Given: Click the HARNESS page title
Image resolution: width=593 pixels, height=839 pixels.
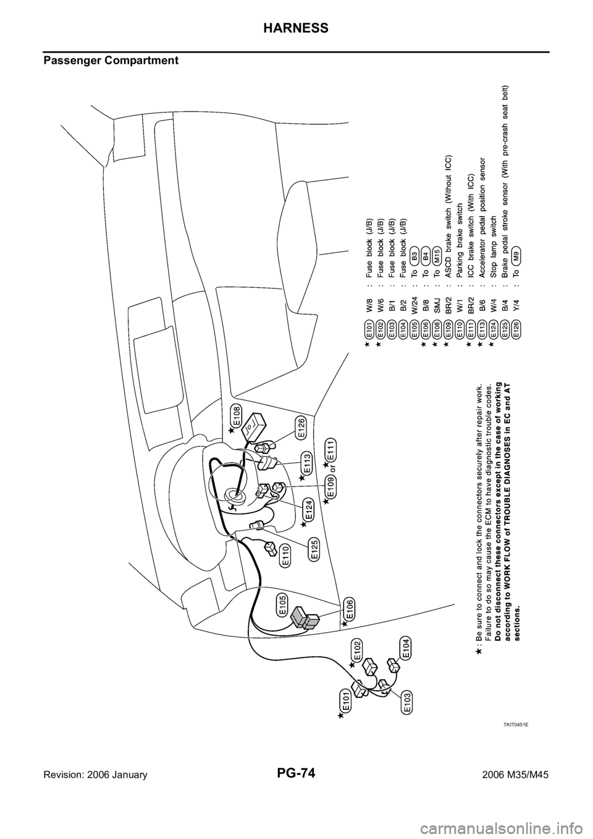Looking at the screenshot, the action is pyautogui.click(x=296, y=28).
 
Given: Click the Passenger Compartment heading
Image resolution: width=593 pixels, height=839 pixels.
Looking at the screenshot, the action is pyautogui.click(x=111, y=61).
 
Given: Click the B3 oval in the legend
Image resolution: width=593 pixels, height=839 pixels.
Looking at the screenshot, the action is pyautogui.click(x=414, y=257).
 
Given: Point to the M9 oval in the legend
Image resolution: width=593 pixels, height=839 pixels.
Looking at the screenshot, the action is pyautogui.click(x=517, y=257).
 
